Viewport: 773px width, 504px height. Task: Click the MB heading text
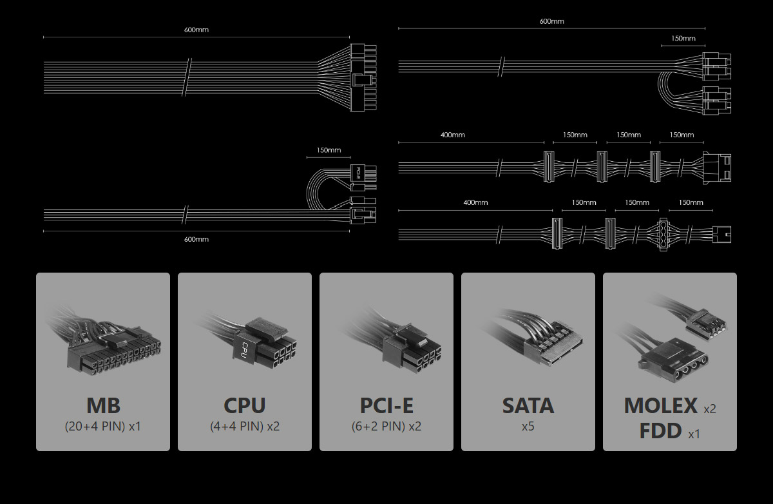[103, 405]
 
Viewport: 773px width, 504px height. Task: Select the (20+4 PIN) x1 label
[103, 427]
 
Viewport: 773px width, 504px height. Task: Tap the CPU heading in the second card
[245, 405]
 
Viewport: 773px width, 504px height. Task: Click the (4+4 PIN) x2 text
[245, 427]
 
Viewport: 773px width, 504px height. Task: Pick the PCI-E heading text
[386, 405]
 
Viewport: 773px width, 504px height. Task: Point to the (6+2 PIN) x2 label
[386, 427]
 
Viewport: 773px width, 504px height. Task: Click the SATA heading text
[528, 405]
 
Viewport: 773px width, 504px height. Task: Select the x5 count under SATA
[528, 427]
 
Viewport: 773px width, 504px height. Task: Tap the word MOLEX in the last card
[661, 405]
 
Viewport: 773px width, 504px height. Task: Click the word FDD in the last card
[660, 431]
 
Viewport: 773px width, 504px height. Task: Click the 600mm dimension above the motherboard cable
[196, 30]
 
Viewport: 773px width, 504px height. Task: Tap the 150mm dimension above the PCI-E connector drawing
[329, 150]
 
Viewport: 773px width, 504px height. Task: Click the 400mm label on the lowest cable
[475, 202]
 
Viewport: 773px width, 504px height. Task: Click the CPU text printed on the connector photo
[245, 347]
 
